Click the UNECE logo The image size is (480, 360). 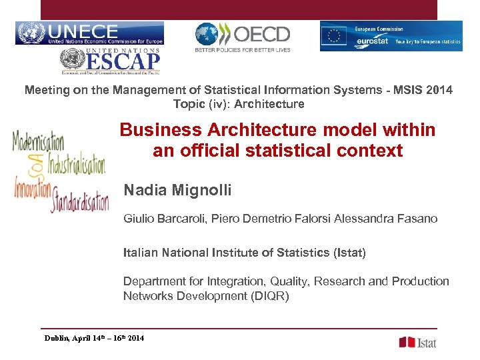pyautogui.click(x=89, y=33)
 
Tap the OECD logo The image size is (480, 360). pyautogui.click(x=243, y=37)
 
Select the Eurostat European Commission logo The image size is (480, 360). pyautogui.click(x=391, y=36)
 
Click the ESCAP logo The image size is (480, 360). pyautogui.click(x=111, y=62)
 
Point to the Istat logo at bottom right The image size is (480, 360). pyautogui.click(x=418, y=342)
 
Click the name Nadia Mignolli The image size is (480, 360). pyautogui.click(x=177, y=191)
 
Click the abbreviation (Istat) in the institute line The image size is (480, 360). pyautogui.click(x=349, y=253)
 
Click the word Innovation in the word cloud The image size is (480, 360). pyautogui.click(x=33, y=187)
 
